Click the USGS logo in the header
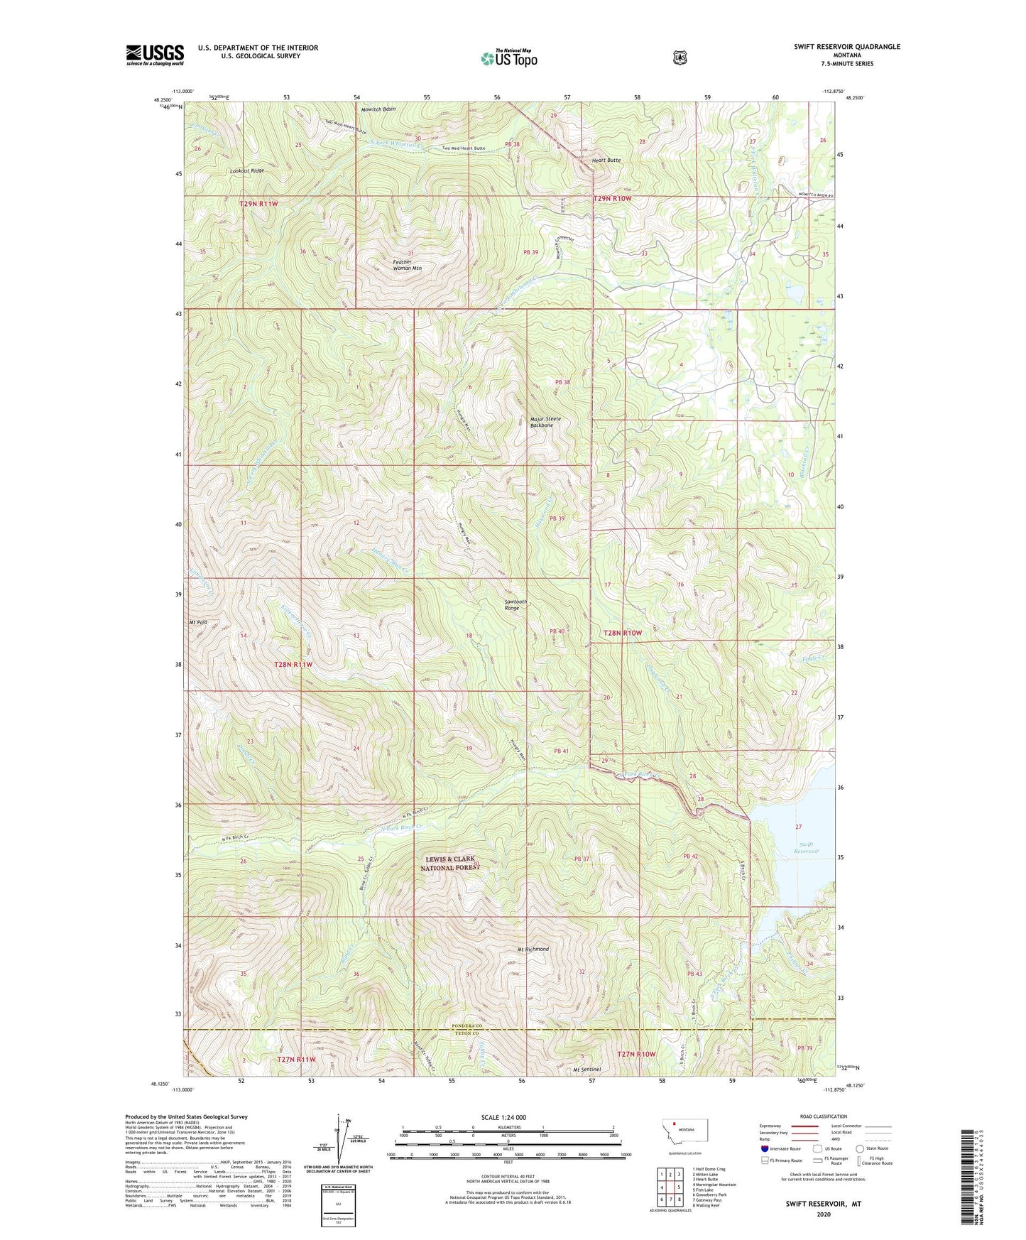(x=155, y=55)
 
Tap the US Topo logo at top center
(x=508, y=58)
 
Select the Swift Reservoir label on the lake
(x=807, y=847)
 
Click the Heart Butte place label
(x=606, y=161)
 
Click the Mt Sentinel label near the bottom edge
(x=586, y=1069)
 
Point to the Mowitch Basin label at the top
(x=378, y=109)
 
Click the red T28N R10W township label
(x=622, y=632)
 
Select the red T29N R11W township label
(x=258, y=204)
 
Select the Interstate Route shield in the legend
(x=764, y=1148)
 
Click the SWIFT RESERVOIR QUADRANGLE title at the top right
(x=846, y=47)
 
